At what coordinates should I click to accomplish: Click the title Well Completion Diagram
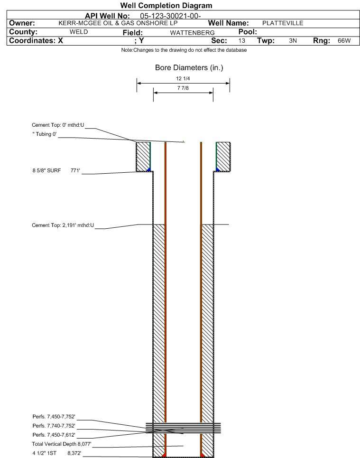(166, 6)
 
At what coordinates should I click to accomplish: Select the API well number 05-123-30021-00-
(170, 16)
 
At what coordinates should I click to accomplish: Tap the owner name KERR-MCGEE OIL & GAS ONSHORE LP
(118, 23)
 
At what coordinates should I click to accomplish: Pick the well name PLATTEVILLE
(283, 23)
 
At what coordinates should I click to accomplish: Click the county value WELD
(79, 32)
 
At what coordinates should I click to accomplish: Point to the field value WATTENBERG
(193, 33)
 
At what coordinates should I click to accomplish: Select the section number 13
(242, 41)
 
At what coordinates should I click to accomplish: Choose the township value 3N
(293, 41)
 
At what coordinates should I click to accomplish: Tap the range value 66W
(344, 41)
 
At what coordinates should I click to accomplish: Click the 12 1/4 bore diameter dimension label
(183, 79)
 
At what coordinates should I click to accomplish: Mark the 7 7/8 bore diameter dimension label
(183, 88)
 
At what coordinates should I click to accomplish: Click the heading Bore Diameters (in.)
(189, 68)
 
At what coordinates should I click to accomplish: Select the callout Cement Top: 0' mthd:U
(58, 125)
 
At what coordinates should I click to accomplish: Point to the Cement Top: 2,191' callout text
(63, 225)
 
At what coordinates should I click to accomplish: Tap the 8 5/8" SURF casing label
(46, 170)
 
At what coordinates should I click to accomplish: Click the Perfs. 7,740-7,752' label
(54, 426)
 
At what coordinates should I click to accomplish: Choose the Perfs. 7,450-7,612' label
(54, 435)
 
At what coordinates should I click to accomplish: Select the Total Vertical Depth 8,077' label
(62, 444)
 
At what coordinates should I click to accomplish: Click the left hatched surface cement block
(143, 157)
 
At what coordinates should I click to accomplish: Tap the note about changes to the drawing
(184, 50)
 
